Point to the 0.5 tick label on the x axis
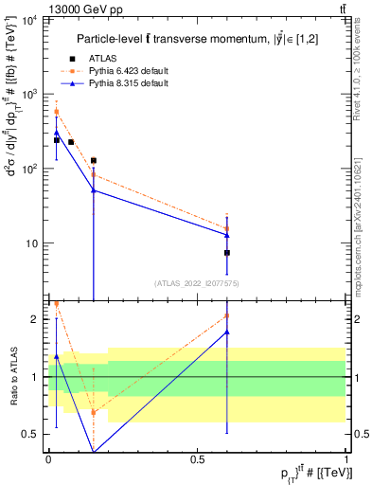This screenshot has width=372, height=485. (x=197, y=458)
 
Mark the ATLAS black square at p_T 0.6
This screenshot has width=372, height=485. (x=227, y=253)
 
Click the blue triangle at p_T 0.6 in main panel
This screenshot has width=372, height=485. (x=227, y=235)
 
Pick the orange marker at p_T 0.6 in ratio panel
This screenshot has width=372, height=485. (x=227, y=315)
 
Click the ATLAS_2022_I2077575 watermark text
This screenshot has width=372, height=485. (x=197, y=282)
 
